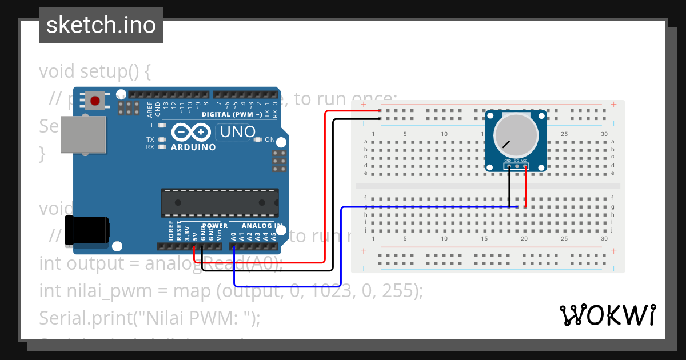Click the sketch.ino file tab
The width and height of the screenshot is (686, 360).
coord(101,25)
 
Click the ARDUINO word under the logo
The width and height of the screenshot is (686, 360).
coord(193,147)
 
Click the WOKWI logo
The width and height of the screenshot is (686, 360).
coord(607,315)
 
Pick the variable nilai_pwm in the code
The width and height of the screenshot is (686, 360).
coord(106,291)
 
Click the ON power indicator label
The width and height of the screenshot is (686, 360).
coord(270,140)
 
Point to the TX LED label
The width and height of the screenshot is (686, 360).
coord(150,139)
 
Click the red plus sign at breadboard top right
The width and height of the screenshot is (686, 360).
coord(613,105)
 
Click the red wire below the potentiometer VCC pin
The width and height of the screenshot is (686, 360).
coord(525,189)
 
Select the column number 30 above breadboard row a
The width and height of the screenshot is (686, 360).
coord(604,134)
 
